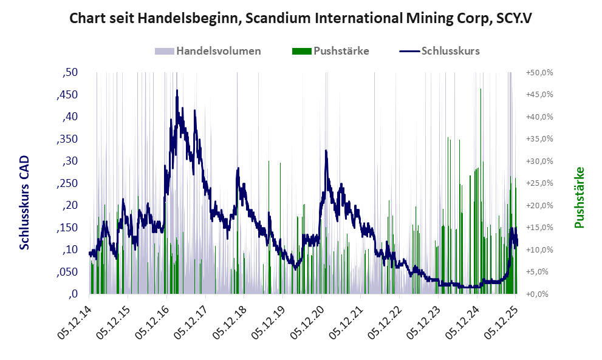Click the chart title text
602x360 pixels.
301,18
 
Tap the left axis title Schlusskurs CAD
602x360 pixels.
25,202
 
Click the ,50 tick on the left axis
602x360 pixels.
70,72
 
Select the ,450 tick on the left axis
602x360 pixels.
67,95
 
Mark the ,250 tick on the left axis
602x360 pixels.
67,183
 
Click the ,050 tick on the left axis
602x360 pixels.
67,272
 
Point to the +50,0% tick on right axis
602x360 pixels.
539,72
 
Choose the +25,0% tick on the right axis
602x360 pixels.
539,183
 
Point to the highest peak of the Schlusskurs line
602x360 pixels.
177,90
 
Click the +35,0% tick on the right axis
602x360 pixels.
539,139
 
